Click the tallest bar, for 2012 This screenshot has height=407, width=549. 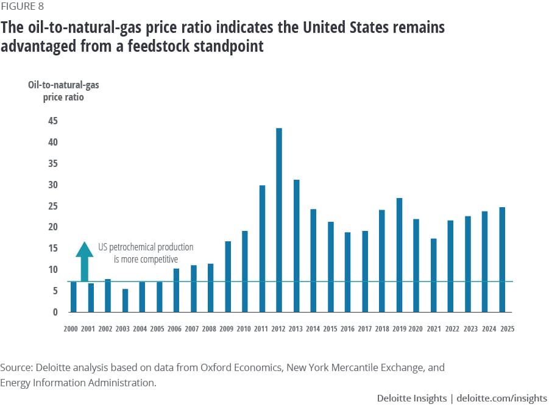click(x=279, y=219)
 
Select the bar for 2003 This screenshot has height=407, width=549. click(x=125, y=300)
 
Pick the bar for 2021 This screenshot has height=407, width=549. click(x=433, y=275)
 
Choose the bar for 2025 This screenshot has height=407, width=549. click(x=502, y=260)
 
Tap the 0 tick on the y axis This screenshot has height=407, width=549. click(x=55, y=312)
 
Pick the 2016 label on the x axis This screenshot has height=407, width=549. click(x=348, y=328)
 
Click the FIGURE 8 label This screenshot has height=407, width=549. click(x=22, y=7)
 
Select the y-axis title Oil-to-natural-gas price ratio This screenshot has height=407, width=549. click(x=63, y=91)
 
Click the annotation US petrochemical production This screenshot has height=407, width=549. click(x=146, y=247)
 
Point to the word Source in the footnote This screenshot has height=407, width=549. click(x=17, y=367)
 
